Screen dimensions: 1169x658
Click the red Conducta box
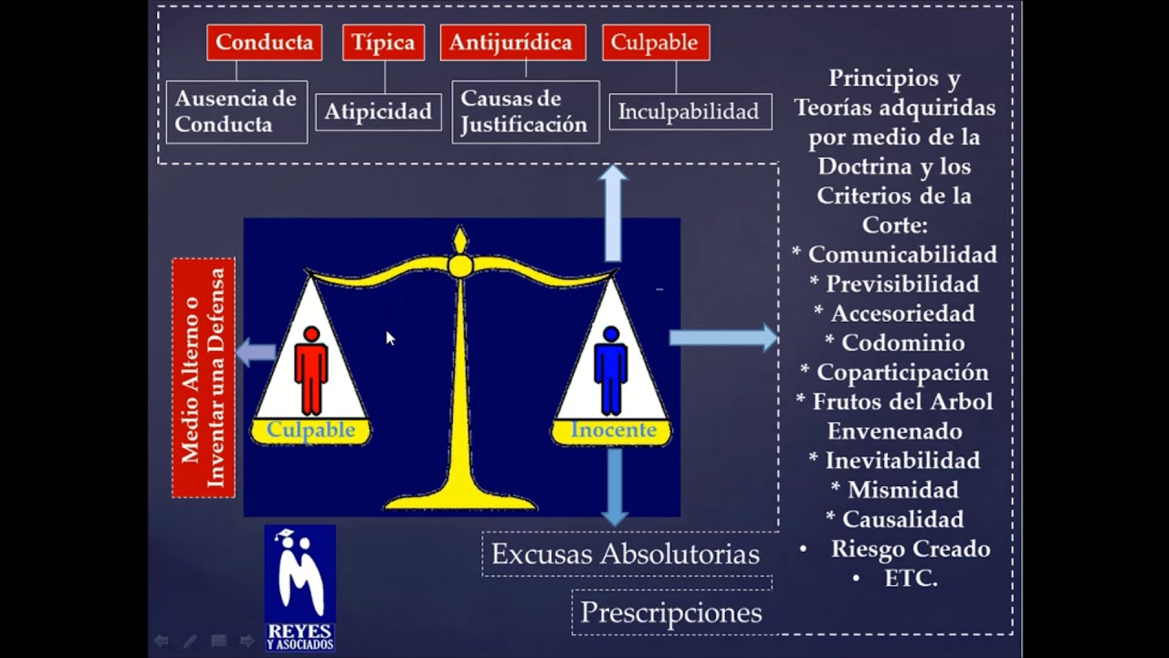264,43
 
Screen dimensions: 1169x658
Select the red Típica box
384,43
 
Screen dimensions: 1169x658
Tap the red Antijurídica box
512,43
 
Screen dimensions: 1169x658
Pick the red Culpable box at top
655,43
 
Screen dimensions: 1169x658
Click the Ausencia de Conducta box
237,111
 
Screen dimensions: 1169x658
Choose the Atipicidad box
378,112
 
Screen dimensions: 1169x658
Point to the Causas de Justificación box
525,111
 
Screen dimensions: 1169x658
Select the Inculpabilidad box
690,112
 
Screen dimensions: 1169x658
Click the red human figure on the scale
311,370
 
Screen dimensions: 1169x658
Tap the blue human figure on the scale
610,370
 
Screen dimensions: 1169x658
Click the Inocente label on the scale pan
613,430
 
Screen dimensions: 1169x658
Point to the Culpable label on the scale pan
311,430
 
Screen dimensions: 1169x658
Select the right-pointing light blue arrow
722,338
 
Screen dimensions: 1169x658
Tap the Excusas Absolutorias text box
626,554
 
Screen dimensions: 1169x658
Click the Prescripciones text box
671,612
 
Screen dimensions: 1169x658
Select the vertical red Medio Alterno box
204,377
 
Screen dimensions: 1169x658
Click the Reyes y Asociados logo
300,588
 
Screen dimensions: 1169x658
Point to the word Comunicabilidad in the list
902,254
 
